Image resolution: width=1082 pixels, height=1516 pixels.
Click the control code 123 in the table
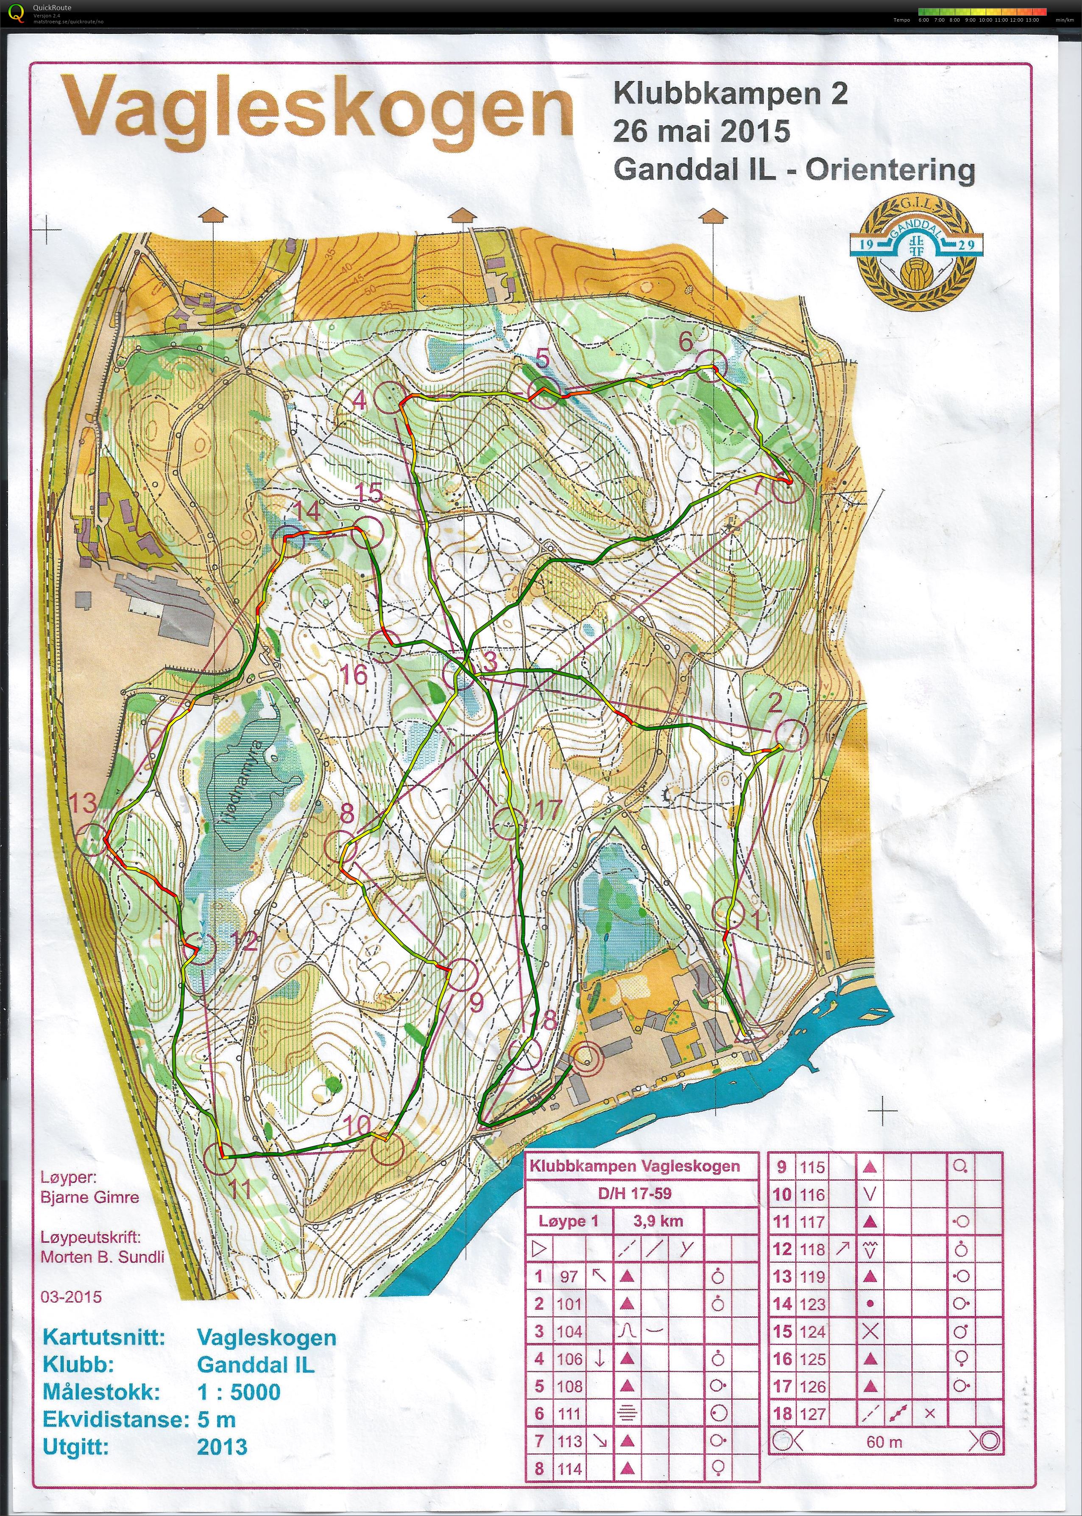coord(812,1304)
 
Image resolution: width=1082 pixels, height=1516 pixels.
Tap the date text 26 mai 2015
coord(702,131)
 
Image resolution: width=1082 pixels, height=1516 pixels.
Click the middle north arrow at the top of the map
coord(462,216)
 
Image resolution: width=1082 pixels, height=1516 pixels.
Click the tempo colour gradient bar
coord(982,11)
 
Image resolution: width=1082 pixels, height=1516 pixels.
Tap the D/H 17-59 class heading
coord(634,1194)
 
